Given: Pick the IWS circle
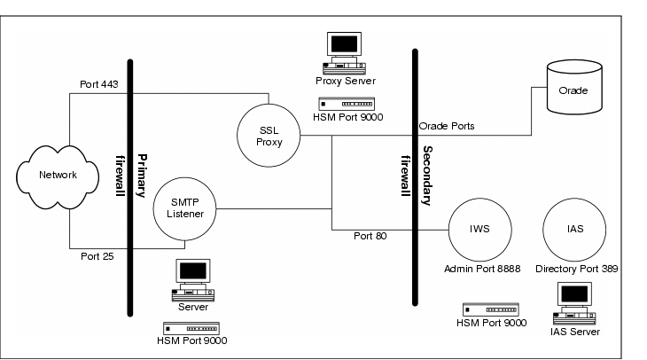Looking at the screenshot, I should pyautogui.click(x=479, y=228).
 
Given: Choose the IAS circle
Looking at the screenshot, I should pyautogui.click(x=573, y=228).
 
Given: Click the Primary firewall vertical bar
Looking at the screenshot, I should pyautogui.click(x=130, y=186).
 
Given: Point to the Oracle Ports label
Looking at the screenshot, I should pyautogui.click(x=447, y=127).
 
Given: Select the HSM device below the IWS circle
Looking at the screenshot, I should pyautogui.click(x=490, y=309).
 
